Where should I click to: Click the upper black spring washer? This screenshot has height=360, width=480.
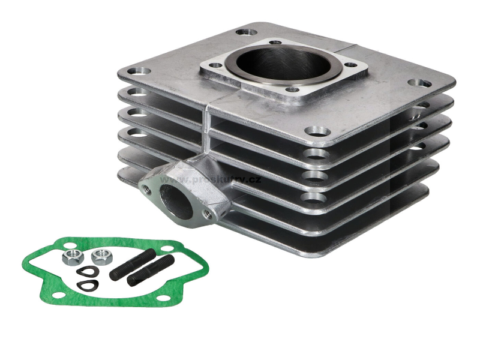pyautogui.click(x=86, y=271)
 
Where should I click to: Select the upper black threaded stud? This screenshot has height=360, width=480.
pyautogui.click(x=133, y=263)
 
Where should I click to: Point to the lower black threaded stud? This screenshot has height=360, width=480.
pyautogui.click(x=151, y=271)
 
